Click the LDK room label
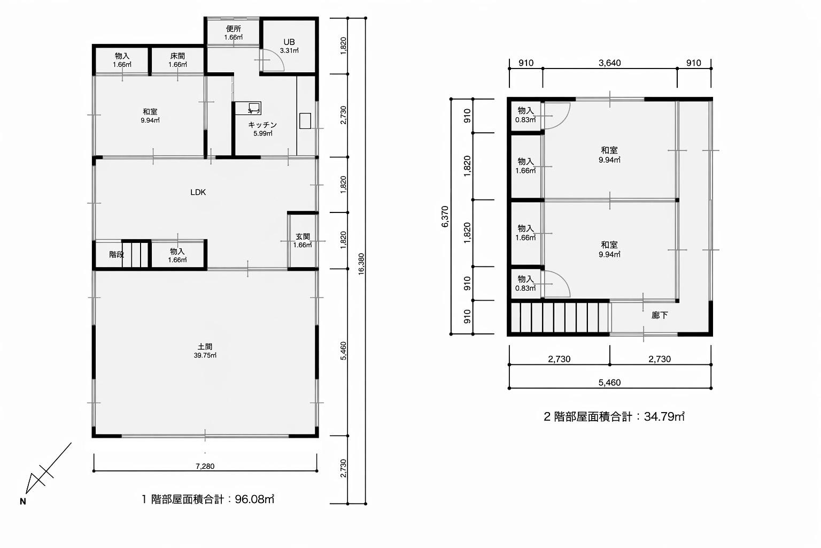click(x=198, y=192)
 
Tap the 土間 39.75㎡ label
click(x=205, y=351)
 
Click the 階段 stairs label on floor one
click(x=117, y=254)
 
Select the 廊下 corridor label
click(x=660, y=315)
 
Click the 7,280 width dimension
click(x=205, y=466)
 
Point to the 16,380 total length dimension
click(x=361, y=263)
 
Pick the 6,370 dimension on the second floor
click(x=445, y=217)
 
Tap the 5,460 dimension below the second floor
click(x=609, y=383)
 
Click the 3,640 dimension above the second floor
click(x=609, y=63)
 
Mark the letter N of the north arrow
click(x=23, y=502)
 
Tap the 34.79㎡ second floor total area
click(x=664, y=416)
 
